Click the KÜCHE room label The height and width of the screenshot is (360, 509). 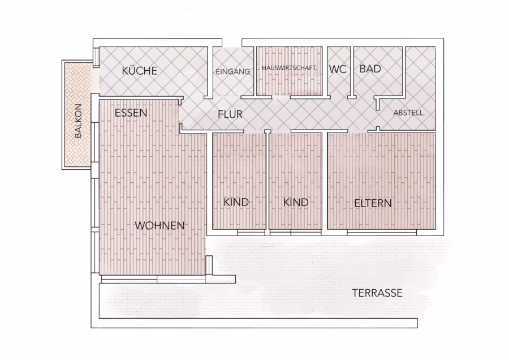(x=140, y=71)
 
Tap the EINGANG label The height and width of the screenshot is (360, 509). (x=233, y=71)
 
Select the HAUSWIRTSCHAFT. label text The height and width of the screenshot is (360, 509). (x=289, y=68)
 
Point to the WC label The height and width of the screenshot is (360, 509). (x=338, y=69)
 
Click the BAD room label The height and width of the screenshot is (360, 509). (x=370, y=69)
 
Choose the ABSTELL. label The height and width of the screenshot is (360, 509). (x=409, y=113)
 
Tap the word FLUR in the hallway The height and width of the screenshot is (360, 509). (x=230, y=114)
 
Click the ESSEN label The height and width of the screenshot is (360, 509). (x=131, y=113)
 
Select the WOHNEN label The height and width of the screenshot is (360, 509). (x=159, y=225)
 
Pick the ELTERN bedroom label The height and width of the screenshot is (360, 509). (x=373, y=203)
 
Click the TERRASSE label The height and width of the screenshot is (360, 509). (x=378, y=293)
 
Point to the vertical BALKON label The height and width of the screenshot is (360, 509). (x=78, y=121)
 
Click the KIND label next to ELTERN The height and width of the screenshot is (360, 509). (x=296, y=203)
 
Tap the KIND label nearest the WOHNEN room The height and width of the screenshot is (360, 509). (x=236, y=202)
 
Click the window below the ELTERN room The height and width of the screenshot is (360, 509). (x=382, y=233)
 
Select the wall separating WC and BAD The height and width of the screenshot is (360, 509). (x=352, y=72)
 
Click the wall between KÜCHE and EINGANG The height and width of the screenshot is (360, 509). (x=210, y=72)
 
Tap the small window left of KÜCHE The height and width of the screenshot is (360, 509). (x=96, y=58)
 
